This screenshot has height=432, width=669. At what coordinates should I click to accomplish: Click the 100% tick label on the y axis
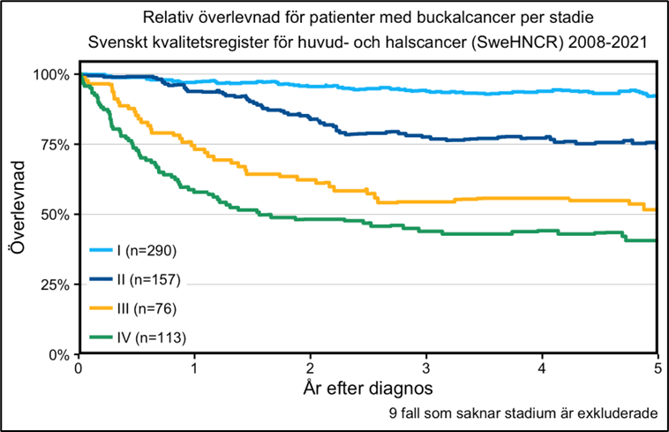click(52, 74)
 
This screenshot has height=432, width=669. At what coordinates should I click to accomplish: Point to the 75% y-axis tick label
click(55, 144)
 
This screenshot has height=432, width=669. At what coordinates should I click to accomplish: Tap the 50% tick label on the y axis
click(55, 214)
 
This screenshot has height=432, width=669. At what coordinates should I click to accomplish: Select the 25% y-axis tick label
click(55, 284)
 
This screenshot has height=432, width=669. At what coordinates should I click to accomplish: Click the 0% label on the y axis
click(59, 354)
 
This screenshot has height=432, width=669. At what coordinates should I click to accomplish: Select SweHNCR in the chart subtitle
click(467, 42)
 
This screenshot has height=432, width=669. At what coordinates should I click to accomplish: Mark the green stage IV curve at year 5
click(656, 240)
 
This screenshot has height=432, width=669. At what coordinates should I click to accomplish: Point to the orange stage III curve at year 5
click(656, 209)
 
